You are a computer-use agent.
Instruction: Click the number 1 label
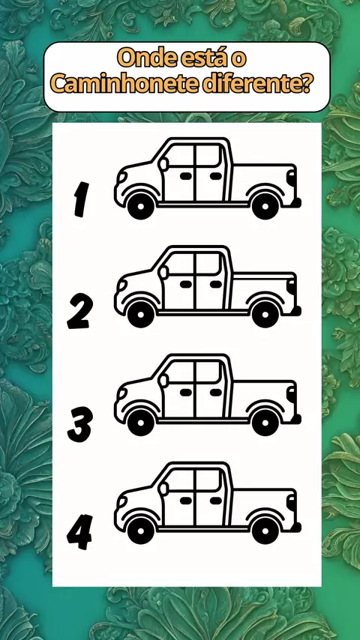pos(81,199)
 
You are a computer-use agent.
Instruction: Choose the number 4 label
pos(79,532)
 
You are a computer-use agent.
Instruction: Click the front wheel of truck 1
pos(141,206)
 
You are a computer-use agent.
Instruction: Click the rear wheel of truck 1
pos(265,206)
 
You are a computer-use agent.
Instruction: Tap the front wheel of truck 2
pos(141,314)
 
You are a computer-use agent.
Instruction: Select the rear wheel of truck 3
pos(265,423)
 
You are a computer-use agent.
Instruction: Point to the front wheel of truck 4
pos(141,531)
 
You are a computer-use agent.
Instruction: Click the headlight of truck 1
pos(121,177)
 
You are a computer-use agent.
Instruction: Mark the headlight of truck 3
pos(121,393)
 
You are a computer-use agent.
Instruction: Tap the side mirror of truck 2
pos(163,273)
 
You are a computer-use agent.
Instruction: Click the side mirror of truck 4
pos(163,489)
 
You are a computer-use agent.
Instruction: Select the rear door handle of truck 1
pos(216,176)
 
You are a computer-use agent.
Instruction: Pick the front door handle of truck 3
pos(186,392)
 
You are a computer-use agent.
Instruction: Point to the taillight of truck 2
pos(291,286)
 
